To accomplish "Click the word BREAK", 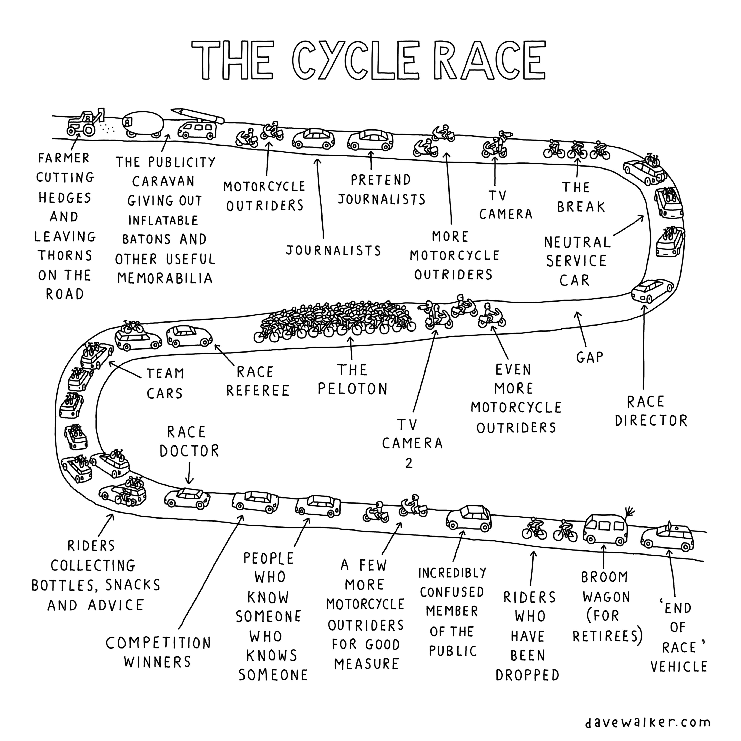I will [581, 207].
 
